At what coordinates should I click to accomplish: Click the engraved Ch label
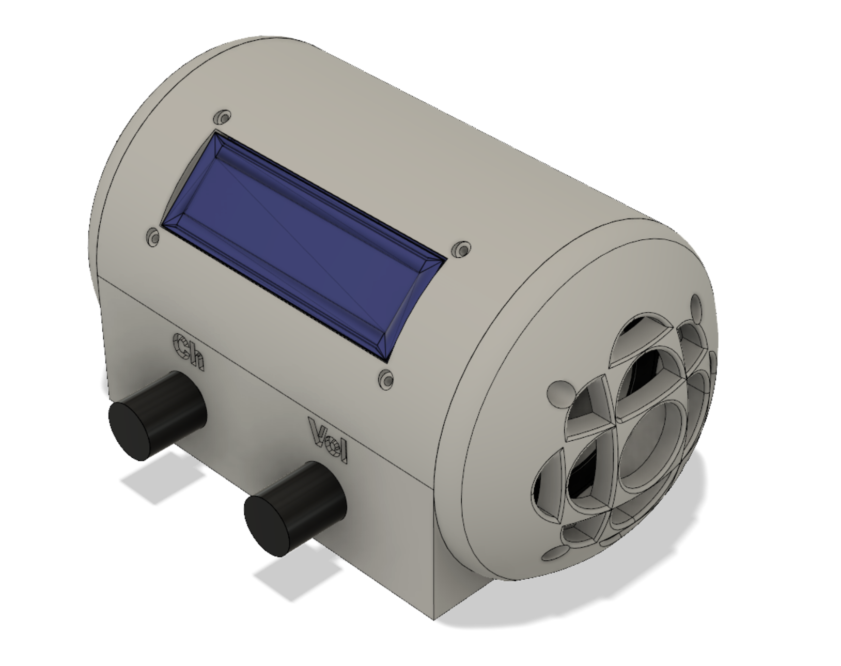coord(189,351)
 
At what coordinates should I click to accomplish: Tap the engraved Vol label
coord(328,440)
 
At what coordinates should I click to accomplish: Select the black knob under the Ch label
coord(158,415)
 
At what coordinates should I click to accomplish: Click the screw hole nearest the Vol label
coord(386,378)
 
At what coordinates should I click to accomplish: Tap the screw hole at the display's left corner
coord(153,237)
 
